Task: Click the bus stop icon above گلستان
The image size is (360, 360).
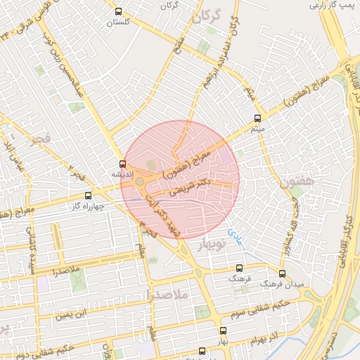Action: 118,11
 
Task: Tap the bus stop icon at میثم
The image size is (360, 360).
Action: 257,118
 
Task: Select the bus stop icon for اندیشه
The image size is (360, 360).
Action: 122,164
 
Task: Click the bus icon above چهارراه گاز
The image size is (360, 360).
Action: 88,195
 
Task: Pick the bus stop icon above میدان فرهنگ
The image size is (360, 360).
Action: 282,274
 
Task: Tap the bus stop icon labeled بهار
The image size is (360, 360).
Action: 223,330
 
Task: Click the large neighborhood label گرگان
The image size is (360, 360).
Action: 207,15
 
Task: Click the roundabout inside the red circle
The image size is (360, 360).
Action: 140,182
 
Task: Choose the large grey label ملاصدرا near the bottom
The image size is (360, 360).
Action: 165,296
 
